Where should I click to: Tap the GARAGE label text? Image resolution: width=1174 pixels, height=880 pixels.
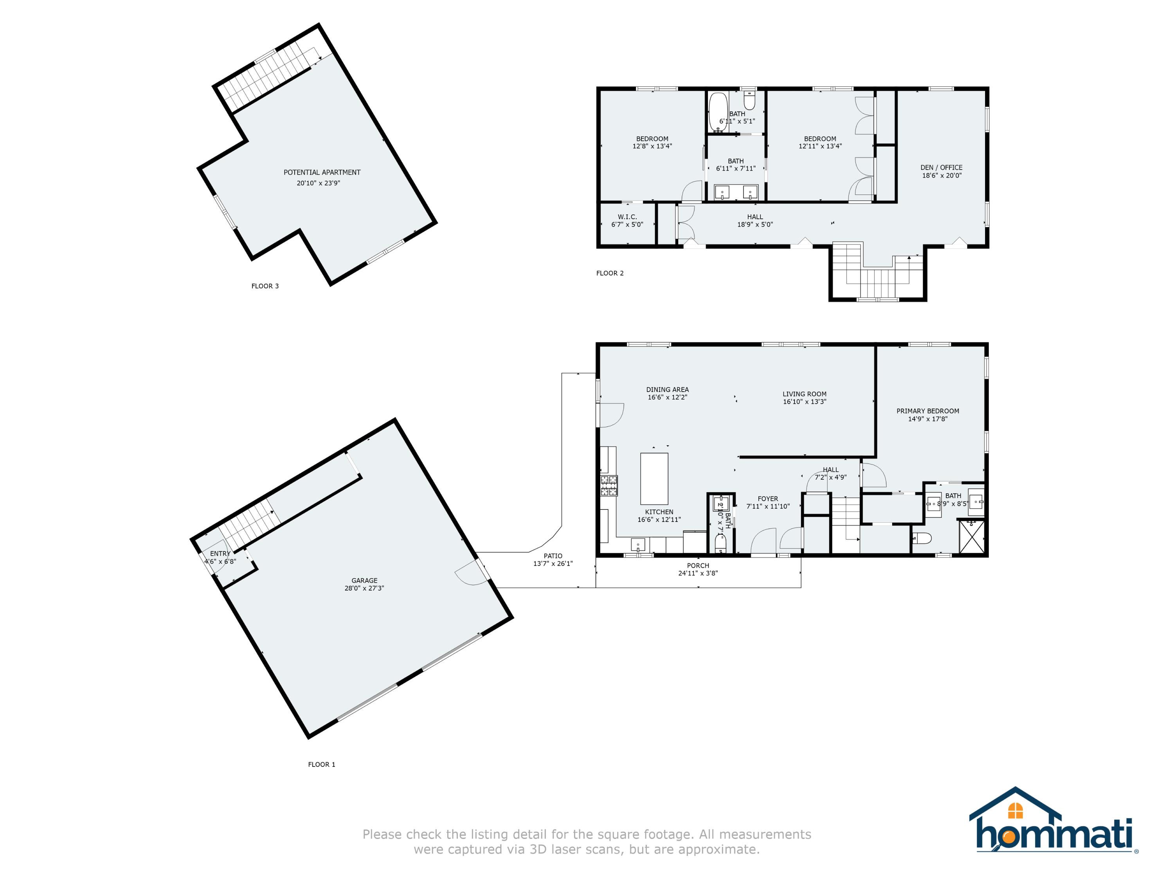(x=364, y=581)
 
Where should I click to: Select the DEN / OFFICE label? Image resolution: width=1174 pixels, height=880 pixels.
(x=941, y=167)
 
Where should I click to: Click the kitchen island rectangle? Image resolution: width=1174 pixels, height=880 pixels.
(x=654, y=478)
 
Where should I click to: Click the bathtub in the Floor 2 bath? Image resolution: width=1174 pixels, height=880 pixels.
(x=718, y=112)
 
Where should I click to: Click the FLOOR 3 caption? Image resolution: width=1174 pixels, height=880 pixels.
(x=265, y=286)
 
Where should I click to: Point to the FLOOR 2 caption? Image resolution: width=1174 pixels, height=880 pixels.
(x=610, y=274)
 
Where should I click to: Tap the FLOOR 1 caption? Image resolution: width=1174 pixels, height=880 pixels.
(x=322, y=764)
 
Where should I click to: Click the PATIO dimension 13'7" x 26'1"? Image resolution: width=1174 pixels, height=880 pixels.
(x=553, y=564)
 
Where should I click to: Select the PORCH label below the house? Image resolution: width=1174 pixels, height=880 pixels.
(x=698, y=566)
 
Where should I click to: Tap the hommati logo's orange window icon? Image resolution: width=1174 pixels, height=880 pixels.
(x=1015, y=810)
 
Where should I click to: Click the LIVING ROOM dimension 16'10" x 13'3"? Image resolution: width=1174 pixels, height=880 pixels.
(x=804, y=402)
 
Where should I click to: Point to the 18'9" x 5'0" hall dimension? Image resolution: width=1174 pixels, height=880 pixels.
(x=755, y=225)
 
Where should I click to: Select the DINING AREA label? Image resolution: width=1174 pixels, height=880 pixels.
(x=667, y=390)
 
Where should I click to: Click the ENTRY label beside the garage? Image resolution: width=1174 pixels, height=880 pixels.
(x=220, y=554)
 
